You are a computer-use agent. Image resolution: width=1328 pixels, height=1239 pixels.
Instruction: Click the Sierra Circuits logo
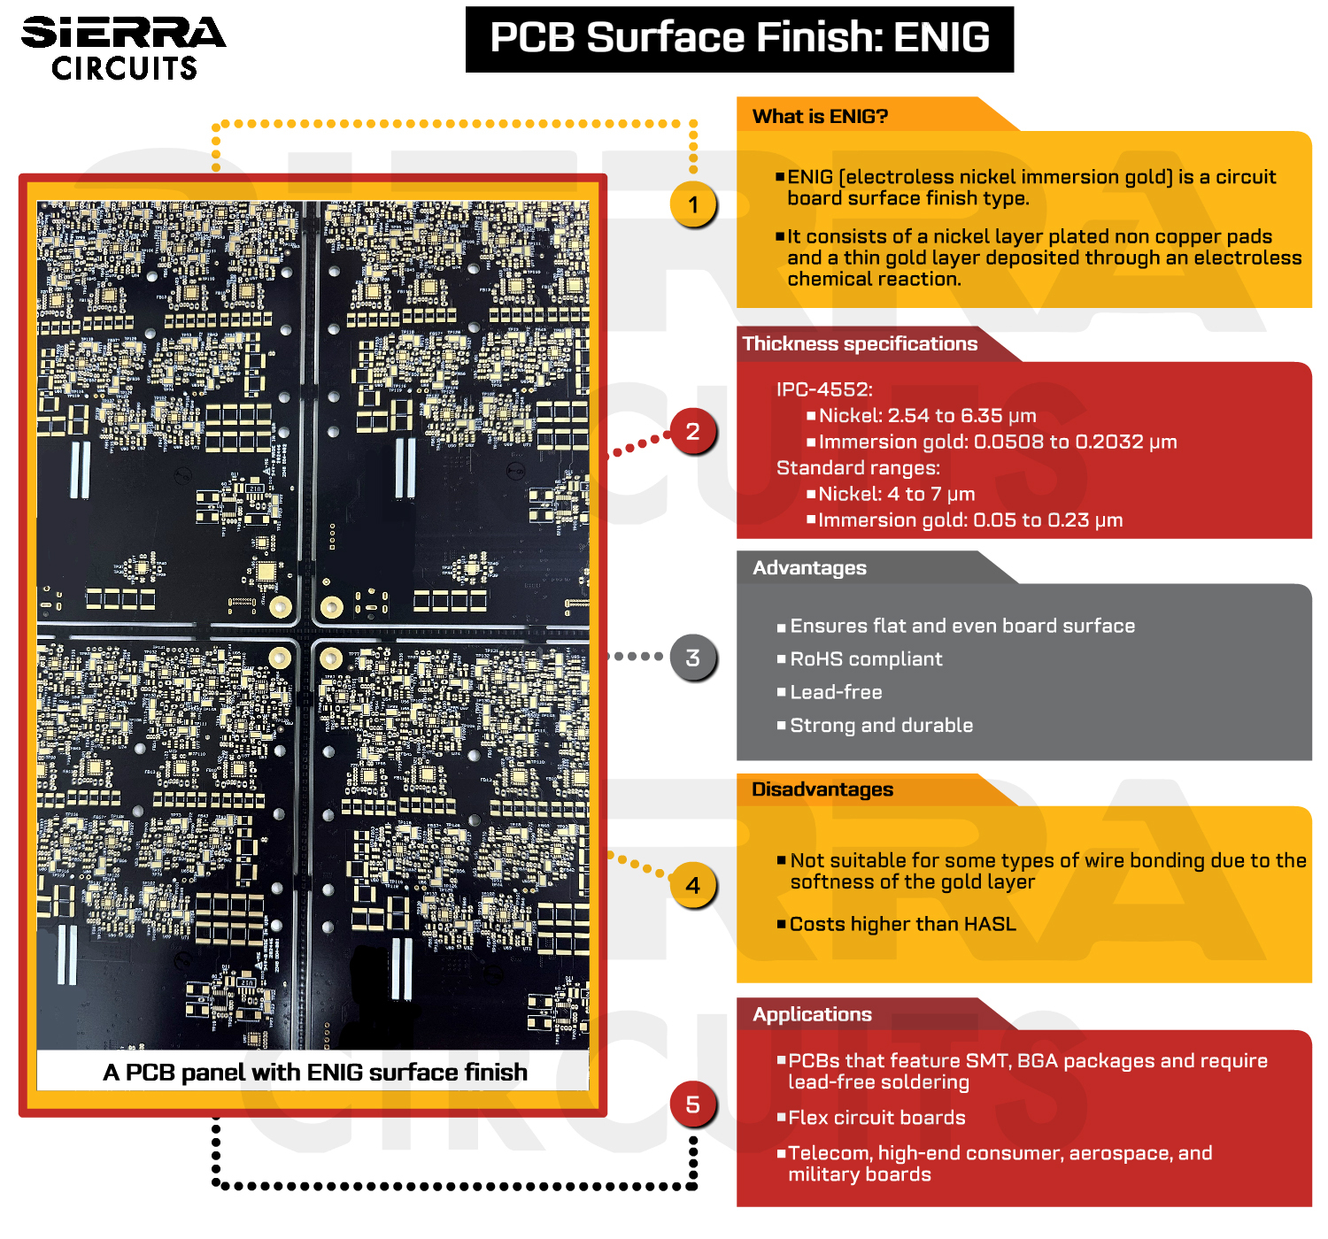(x=123, y=49)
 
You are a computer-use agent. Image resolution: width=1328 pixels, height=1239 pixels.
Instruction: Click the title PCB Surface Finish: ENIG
(x=739, y=39)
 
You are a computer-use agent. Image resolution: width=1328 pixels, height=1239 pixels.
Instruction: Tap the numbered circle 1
(x=693, y=205)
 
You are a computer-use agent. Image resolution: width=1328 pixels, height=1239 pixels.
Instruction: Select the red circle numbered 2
(x=692, y=432)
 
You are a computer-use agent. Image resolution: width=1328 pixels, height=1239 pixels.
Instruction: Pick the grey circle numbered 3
(x=692, y=658)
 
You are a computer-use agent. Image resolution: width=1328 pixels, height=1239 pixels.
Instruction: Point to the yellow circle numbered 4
(x=692, y=885)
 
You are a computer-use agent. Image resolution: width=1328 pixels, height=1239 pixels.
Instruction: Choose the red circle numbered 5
(x=692, y=1104)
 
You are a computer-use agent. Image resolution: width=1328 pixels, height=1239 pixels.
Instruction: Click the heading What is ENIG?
(x=820, y=117)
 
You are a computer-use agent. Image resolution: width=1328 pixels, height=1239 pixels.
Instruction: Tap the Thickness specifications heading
(x=860, y=344)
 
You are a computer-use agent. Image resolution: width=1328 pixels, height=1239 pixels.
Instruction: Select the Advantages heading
(x=809, y=568)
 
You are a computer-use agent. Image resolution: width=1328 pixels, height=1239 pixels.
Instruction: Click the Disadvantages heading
(x=822, y=789)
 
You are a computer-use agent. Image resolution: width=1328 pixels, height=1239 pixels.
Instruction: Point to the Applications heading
(x=812, y=1015)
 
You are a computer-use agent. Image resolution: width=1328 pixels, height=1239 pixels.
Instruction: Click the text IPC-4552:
(x=824, y=389)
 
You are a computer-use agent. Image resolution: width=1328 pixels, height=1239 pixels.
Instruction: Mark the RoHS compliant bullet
(x=866, y=659)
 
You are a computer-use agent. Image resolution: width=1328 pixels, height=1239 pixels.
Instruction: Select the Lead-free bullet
(x=836, y=692)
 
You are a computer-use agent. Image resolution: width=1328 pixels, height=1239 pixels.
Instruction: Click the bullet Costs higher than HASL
(x=902, y=925)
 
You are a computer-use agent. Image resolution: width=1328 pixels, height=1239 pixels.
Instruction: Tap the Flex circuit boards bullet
(x=876, y=1118)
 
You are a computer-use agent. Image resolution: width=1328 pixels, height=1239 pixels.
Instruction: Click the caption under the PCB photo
(x=315, y=1073)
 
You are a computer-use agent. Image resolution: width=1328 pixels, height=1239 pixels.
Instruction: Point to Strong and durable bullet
(x=881, y=726)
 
